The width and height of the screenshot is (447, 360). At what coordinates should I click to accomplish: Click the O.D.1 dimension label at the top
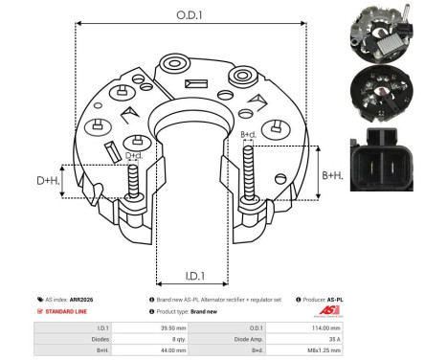point(189,15)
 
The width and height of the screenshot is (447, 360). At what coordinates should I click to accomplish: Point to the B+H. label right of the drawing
point(332,175)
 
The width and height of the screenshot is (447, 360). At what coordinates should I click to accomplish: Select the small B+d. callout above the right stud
point(248,135)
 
